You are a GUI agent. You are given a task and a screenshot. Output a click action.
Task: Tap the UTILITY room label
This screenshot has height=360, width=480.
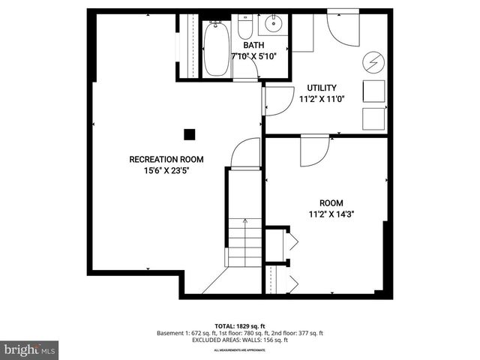[x=322, y=88]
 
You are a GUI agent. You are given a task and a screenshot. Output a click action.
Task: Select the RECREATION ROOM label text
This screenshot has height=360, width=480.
[x=166, y=159]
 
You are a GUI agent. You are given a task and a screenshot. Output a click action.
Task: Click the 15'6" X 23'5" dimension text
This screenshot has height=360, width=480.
[x=166, y=170]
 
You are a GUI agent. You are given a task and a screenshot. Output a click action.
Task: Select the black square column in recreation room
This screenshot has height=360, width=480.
[x=190, y=133]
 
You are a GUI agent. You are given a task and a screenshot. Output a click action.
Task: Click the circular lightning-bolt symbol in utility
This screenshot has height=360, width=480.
[x=373, y=60]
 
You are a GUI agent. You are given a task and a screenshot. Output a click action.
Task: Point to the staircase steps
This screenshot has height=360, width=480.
[x=244, y=242]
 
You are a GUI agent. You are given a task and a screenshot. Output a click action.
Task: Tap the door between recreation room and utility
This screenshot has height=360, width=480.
[x=278, y=100]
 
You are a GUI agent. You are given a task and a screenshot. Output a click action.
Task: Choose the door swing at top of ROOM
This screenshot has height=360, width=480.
[x=313, y=151]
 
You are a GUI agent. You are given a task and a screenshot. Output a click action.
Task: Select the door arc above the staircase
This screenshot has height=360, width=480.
[x=245, y=154]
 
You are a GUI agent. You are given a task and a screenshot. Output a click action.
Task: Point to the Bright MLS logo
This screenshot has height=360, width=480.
[x=29, y=349]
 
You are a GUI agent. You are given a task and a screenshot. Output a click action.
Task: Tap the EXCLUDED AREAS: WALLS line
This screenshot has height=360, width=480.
[x=239, y=340]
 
